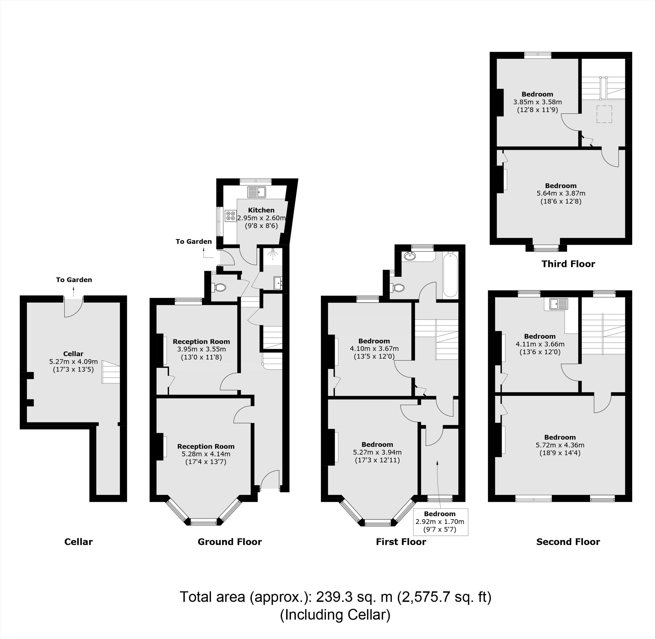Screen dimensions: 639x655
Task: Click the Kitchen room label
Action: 261,210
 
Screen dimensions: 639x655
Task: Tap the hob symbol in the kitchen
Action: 230,215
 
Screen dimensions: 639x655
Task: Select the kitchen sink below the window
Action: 256,192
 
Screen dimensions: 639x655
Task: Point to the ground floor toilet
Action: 220,287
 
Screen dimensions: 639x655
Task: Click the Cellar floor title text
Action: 78,542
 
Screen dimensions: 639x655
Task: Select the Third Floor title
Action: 568,264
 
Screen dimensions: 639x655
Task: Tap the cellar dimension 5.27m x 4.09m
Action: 73,362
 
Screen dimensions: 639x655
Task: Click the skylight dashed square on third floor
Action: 604,114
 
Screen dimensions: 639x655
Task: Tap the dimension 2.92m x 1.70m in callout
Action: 440,522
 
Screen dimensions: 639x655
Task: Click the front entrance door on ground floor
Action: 270,480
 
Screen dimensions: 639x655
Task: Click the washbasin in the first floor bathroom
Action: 410,257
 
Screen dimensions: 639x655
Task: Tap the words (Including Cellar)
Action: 335,614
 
